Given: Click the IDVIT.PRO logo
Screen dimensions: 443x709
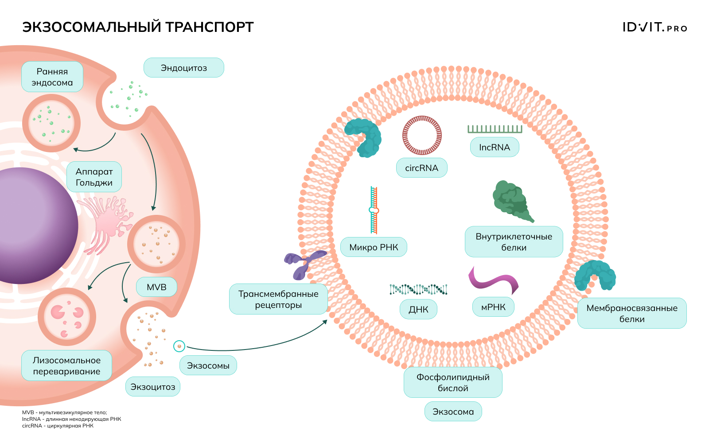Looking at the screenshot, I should pyautogui.click(x=654, y=27).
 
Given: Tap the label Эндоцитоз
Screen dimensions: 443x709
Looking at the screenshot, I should pyautogui.click(x=183, y=68).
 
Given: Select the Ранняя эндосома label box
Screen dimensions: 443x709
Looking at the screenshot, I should pyautogui.click(x=52, y=77).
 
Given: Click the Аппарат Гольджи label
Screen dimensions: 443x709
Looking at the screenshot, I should pyautogui.click(x=94, y=177).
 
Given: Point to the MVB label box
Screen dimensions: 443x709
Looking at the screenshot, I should pyautogui.click(x=156, y=287).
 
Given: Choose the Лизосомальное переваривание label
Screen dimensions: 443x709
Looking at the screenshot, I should pyautogui.click(x=66, y=366).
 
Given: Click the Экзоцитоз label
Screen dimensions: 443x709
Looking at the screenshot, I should pyautogui.click(x=153, y=387).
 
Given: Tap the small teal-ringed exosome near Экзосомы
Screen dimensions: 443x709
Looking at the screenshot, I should pyautogui.click(x=179, y=346).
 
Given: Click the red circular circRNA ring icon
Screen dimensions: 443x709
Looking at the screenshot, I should pyautogui.click(x=422, y=135).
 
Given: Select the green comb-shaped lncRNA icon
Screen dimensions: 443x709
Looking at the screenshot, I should pyautogui.click(x=495, y=129).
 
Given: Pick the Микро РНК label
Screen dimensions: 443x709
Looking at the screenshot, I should pyautogui.click(x=374, y=247).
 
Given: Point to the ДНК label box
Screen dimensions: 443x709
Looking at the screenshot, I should pyautogui.click(x=418, y=309).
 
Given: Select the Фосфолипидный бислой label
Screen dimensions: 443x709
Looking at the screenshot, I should pyautogui.click(x=453, y=382).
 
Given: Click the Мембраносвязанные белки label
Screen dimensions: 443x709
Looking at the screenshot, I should pyautogui.click(x=632, y=313).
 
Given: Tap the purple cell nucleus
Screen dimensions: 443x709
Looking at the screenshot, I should pyautogui.click(x=31, y=226).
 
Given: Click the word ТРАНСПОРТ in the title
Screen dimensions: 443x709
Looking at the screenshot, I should pyautogui.click(x=210, y=27).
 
